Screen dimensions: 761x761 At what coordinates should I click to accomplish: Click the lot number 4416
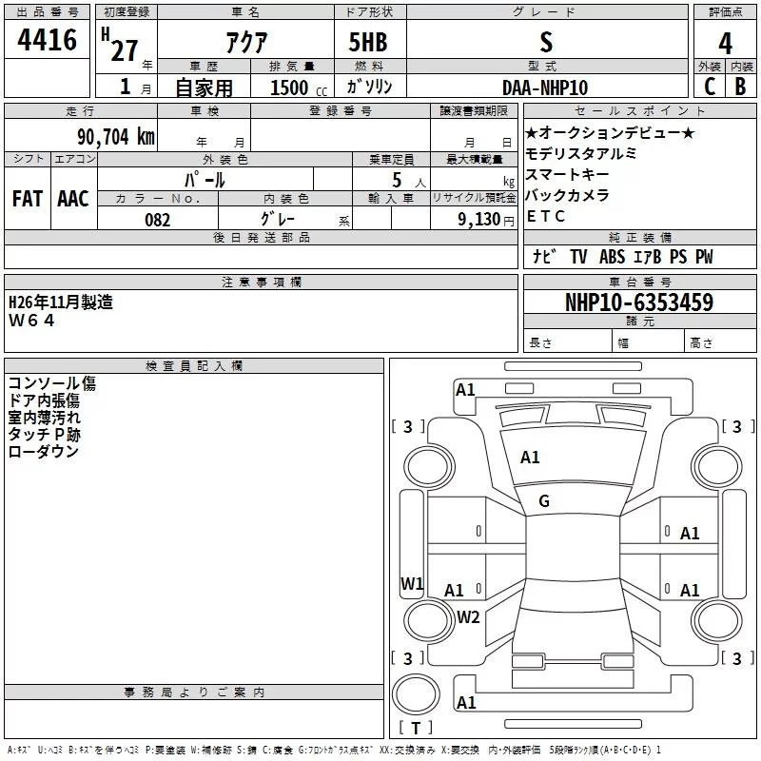(47, 39)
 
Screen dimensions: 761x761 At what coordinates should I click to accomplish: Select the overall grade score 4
(725, 44)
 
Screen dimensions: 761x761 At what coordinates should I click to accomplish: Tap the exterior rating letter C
(710, 87)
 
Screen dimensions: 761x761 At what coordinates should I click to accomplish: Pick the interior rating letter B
(740, 87)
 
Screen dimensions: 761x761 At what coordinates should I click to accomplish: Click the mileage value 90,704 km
(116, 137)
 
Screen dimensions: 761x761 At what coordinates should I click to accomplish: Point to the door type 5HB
(368, 42)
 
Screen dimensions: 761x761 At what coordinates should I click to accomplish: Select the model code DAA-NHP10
(545, 88)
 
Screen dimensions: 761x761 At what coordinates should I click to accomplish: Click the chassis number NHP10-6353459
(639, 302)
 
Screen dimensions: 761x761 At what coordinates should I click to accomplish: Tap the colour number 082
(158, 220)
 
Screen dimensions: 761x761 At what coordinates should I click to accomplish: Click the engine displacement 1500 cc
(299, 88)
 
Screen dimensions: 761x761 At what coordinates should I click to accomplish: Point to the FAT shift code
(28, 199)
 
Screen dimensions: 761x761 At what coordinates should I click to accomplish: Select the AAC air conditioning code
(73, 199)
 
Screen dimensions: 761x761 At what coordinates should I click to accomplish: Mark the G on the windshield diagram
(544, 501)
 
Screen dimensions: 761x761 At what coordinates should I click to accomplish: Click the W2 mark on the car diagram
(468, 616)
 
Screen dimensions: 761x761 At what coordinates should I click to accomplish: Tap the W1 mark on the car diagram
(412, 583)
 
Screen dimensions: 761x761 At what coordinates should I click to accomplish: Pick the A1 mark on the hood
(530, 458)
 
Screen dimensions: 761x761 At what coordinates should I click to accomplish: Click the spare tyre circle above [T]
(416, 694)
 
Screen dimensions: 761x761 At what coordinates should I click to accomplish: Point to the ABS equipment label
(612, 257)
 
